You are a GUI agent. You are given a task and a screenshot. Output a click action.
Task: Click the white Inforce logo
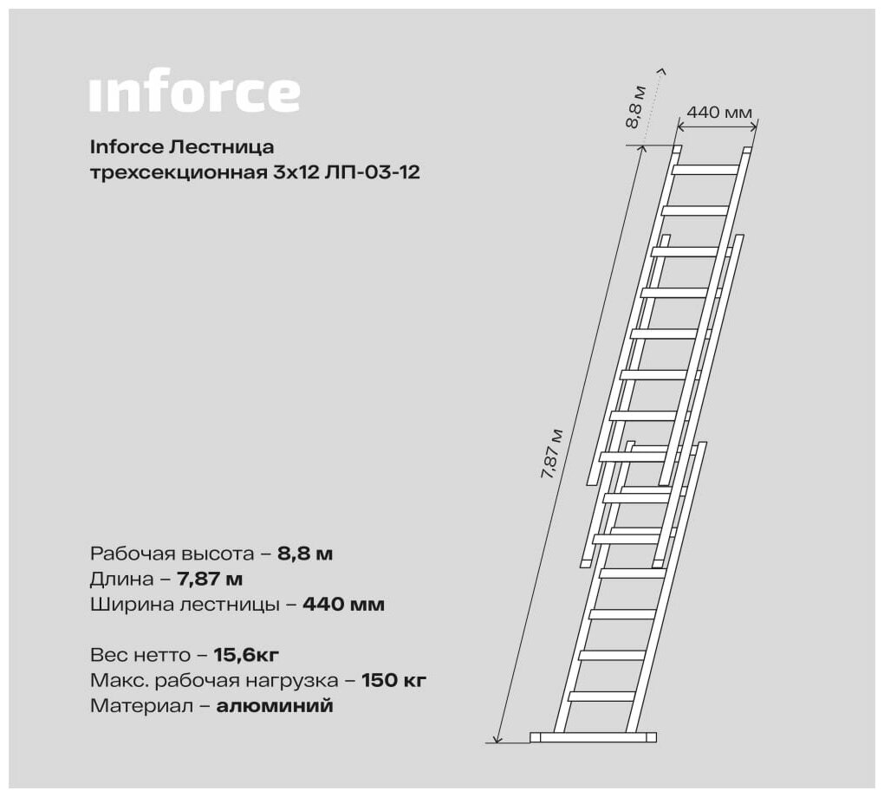click(194, 94)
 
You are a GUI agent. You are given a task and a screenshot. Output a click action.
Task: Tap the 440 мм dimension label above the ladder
click(719, 112)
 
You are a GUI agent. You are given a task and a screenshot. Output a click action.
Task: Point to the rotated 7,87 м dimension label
click(550, 459)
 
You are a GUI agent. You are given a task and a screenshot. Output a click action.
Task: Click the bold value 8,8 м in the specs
click(305, 554)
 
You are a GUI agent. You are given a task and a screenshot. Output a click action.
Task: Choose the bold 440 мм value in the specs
click(343, 605)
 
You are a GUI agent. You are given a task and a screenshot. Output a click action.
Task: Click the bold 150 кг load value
click(393, 680)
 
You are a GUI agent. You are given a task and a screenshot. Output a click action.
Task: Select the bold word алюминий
click(275, 706)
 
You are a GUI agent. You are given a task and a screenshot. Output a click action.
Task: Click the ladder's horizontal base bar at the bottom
click(593, 737)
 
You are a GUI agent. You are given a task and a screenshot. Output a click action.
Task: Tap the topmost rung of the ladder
click(705, 169)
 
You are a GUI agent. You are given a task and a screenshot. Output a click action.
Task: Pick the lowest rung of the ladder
click(602, 696)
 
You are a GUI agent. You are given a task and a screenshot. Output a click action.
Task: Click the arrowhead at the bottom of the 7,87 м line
click(496, 738)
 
